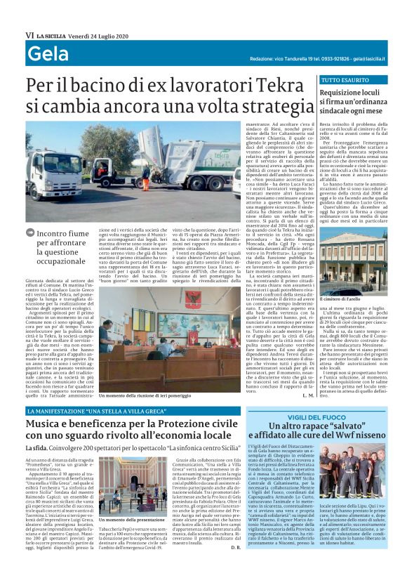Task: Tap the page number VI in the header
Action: (29, 35)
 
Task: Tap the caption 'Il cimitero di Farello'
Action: (349, 280)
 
